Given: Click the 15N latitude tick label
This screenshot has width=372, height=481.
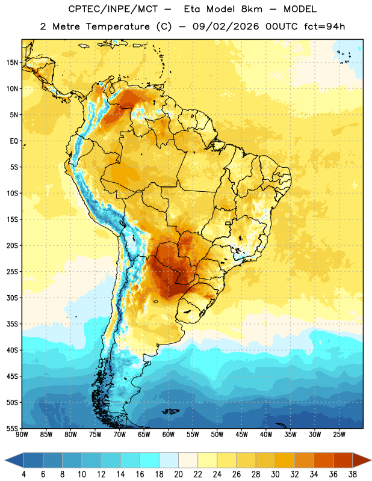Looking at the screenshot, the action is pos(12,63).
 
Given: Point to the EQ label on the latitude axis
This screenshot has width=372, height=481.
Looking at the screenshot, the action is pos(14,141).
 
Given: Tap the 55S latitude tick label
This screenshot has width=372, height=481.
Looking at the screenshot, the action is pos(12,428).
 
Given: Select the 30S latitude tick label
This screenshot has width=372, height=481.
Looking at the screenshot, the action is pos(12,298).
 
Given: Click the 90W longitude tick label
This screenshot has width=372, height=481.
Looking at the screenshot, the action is pos(22,434).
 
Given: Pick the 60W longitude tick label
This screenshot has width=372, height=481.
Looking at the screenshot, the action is pos(169,434).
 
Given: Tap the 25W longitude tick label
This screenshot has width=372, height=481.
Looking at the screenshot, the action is pos(339,434).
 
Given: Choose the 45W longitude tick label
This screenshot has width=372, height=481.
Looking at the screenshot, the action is pos(241,434).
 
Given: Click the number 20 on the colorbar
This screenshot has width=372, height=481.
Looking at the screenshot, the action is pos(178,474).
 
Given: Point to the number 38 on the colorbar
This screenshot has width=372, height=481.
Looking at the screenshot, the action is pos(353,474).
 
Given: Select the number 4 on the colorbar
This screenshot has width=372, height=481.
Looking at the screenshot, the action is pos(23,474).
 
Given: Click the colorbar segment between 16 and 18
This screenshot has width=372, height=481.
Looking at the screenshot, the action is pos(150,460).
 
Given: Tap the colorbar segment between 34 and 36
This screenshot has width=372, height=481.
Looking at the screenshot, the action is pos(323,460).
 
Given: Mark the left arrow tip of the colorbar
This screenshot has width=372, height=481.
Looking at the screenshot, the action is pos(4,460).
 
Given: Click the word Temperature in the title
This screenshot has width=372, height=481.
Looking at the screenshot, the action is pos(117,26).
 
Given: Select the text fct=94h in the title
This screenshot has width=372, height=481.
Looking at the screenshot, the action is pos(324,26).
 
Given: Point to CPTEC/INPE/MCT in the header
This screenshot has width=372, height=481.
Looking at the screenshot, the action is pos(113,9).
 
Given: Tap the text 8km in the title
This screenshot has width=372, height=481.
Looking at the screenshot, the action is pos(252,9).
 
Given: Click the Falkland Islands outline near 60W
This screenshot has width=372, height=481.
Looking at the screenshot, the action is pos(171,411).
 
